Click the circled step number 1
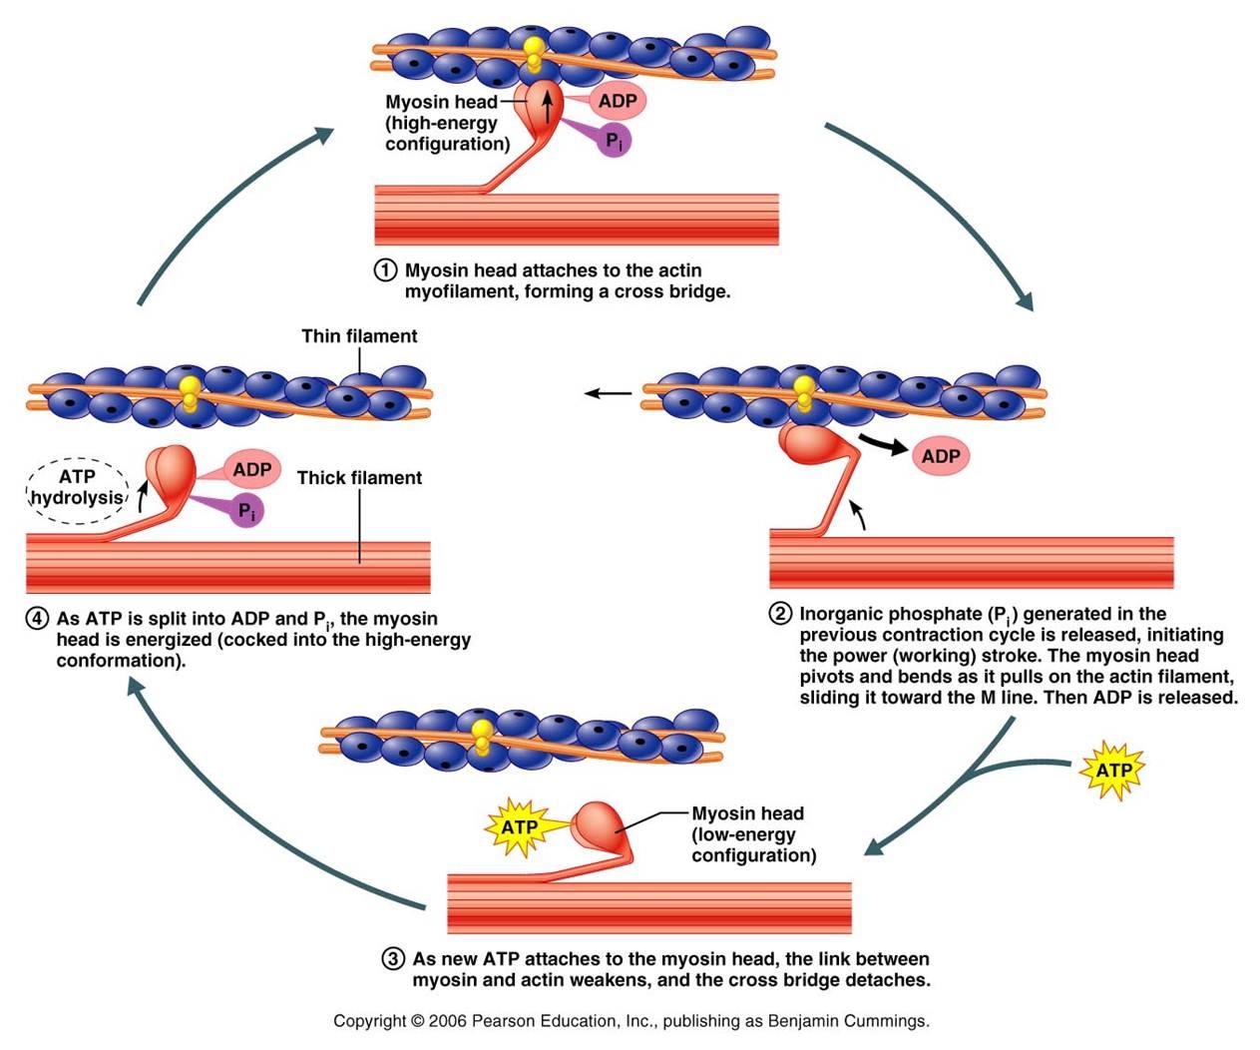point(385,270)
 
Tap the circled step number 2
point(780,614)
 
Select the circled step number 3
point(393,959)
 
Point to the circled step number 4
point(37,619)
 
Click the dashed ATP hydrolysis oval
point(77,487)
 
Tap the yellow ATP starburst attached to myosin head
point(519,826)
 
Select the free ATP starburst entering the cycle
point(1113,771)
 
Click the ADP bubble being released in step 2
point(940,456)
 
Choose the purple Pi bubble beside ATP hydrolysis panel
point(245,511)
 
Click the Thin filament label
point(359,336)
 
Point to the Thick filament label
point(359,478)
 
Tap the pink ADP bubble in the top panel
point(618,101)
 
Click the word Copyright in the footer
point(370,1021)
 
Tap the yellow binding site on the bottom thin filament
point(483,735)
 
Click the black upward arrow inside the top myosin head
point(546,103)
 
